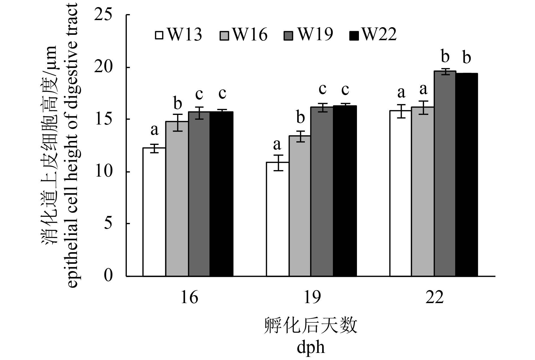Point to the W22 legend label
(379, 35)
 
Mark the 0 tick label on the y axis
(108, 275)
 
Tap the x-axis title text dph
(311, 347)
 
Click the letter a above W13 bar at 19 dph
(277, 145)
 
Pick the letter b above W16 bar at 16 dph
(177, 104)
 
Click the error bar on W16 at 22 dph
(423, 107)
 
